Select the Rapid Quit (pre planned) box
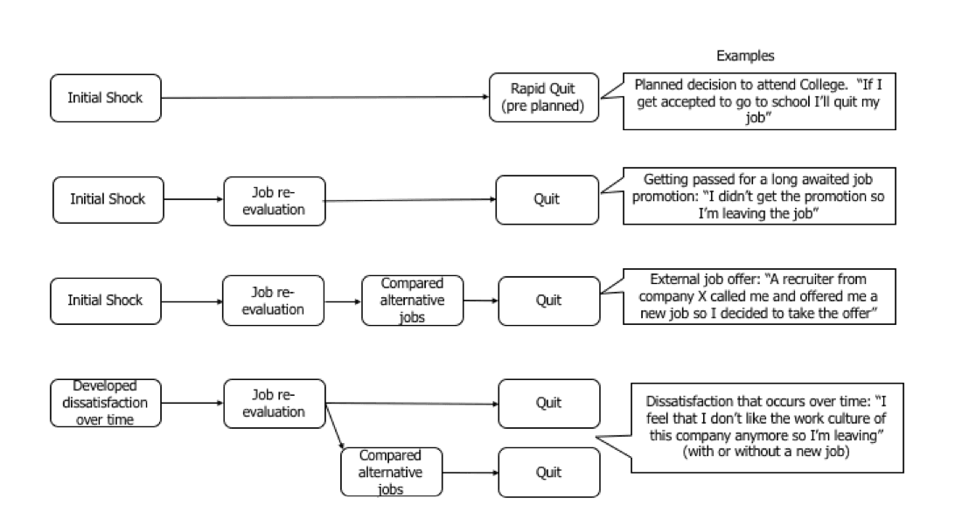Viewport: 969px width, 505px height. coord(536,96)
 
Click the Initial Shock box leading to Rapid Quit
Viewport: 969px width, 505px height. coord(106,97)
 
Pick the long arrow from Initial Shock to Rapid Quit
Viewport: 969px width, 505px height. coord(324,97)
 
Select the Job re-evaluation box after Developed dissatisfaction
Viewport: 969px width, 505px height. coord(274,403)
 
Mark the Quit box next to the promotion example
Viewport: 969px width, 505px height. coord(547,199)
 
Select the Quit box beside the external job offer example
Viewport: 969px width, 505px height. coord(547,301)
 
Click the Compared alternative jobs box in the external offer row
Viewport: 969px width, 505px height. coord(412,301)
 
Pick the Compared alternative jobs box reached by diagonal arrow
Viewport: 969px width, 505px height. coord(389,472)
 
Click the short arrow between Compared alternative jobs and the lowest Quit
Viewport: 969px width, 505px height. coord(468,473)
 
